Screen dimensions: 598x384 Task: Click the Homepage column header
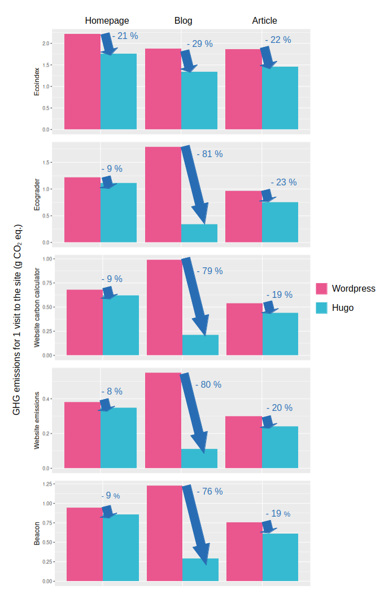click(x=103, y=20)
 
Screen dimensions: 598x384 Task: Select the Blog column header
click(x=183, y=20)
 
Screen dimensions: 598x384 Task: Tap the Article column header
click(x=264, y=20)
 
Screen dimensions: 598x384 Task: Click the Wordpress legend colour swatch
click(x=321, y=289)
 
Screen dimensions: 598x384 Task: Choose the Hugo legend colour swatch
click(x=321, y=307)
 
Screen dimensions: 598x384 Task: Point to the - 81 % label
click(x=210, y=154)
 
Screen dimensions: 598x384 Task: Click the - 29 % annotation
click(x=199, y=44)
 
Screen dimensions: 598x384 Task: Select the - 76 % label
click(x=210, y=491)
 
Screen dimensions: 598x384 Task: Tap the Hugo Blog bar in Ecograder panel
click(x=199, y=233)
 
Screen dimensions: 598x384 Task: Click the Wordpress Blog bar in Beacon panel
click(x=164, y=533)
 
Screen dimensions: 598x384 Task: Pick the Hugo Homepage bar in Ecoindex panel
click(x=119, y=92)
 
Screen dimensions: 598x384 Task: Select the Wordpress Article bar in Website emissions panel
click(x=243, y=442)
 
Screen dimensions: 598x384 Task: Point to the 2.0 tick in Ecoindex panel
click(x=46, y=44)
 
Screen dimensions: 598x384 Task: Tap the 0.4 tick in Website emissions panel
click(x=46, y=399)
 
